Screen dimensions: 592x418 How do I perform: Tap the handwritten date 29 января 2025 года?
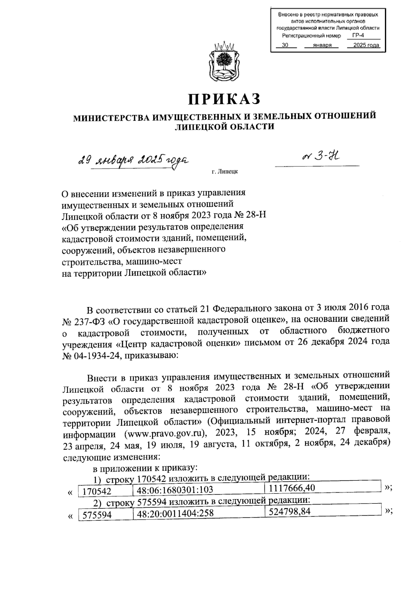click(133, 161)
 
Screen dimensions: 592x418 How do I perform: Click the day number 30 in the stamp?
click(285, 45)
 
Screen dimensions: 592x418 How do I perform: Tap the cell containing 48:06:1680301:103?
click(175, 489)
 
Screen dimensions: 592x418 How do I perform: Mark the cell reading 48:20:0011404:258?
click(175, 513)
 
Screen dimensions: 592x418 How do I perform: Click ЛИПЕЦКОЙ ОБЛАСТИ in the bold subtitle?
click(224, 127)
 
